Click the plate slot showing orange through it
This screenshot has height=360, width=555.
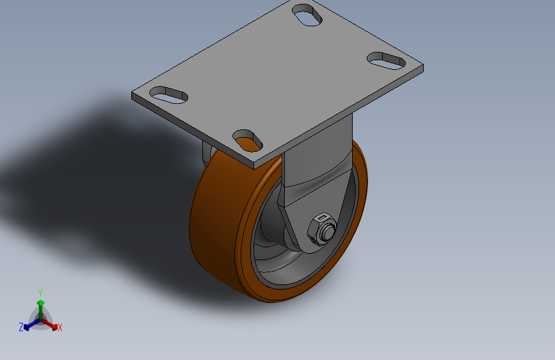point(248,141)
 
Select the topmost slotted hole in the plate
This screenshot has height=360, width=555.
point(307,15)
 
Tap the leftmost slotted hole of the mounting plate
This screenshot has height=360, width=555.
point(168,95)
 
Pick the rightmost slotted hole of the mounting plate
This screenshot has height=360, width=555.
point(386,61)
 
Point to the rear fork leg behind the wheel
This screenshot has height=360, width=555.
point(206,153)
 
